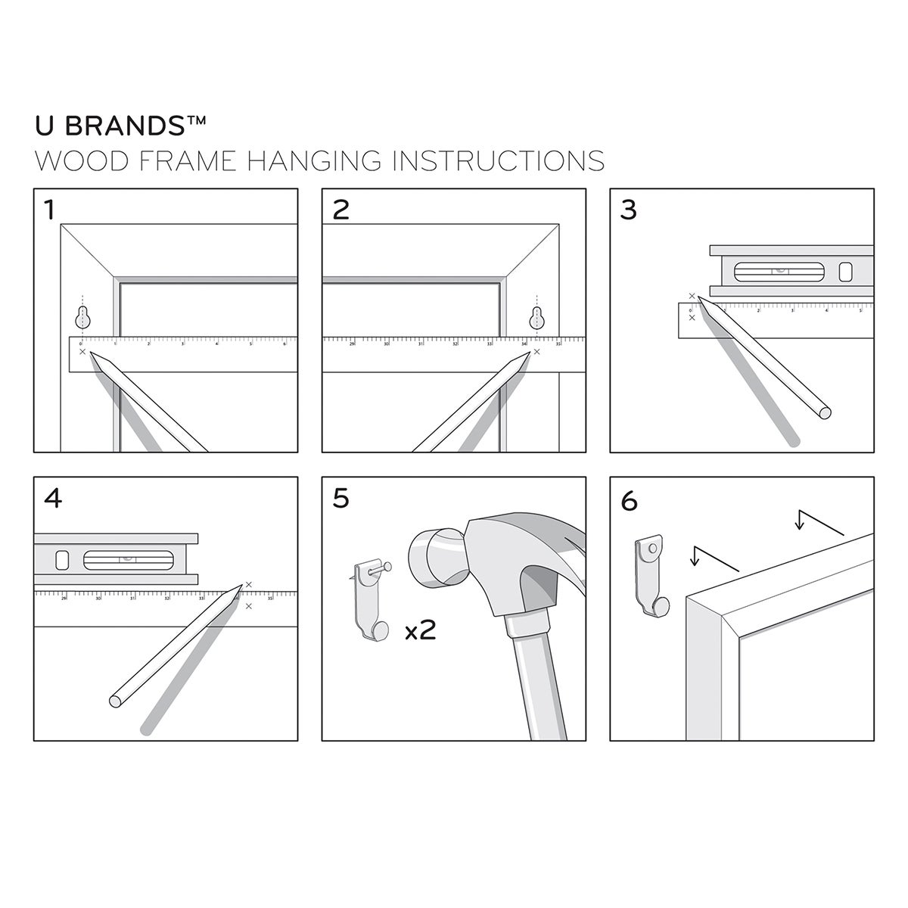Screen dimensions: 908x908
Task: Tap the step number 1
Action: (x=50, y=210)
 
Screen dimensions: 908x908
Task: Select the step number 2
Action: (x=341, y=210)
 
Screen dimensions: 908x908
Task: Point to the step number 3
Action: (x=628, y=210)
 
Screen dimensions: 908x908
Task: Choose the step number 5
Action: (x=341, y=499)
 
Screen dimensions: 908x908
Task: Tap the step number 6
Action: (x=629, y=500)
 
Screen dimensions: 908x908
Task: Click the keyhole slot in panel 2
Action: (x=537, y=317)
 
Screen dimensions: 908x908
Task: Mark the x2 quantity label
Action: (x=420, y=630)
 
